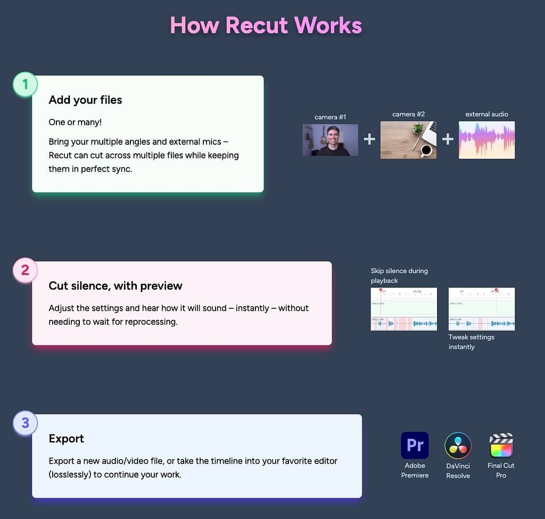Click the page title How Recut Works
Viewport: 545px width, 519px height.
point(266,26)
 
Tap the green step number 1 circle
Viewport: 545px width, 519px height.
point(25,84)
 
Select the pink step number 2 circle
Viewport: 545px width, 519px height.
point(25,270)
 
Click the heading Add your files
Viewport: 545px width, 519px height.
point(85,100)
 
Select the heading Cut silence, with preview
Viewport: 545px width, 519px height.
point(115,286)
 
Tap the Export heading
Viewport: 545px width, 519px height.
point(67,439)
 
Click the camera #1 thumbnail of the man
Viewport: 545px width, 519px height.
point(330,140)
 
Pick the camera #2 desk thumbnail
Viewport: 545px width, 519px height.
point(408,140)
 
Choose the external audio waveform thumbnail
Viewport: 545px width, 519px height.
point(486,140)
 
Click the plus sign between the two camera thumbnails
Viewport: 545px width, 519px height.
point(369,139)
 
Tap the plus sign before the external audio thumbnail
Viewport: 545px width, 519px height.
point(448,139)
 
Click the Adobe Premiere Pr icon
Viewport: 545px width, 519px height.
point(415,445)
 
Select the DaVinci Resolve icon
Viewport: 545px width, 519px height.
point(458,446)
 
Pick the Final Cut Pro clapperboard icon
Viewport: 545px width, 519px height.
point(501,446)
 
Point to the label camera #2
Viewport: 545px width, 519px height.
point(408,114)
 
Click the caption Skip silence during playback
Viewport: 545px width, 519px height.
point(399,276)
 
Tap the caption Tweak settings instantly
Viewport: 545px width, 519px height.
point(472,342)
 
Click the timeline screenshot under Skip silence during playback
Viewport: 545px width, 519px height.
point(404,309)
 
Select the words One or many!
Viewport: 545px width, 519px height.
point(75,122)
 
